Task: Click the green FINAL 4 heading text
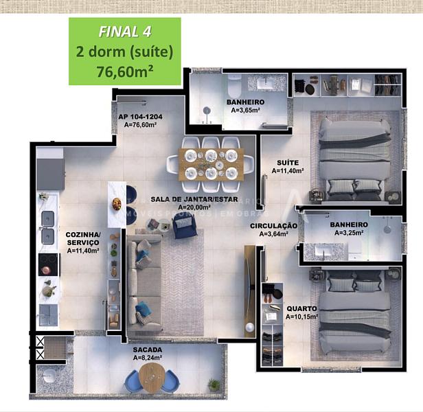[125, 31]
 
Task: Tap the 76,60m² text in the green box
[125, 70]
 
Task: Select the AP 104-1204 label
[146, 117]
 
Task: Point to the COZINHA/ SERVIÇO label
[83, 239]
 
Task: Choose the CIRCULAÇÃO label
[273, 226]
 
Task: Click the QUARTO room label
[301, 308]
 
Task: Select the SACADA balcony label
[148, 350]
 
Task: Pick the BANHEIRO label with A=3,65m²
[245, 103]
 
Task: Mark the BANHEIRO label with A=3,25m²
[349, 225]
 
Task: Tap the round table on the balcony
[152, 376]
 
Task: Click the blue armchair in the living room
[184, 225]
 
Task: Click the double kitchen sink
[48, 227]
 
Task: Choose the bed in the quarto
[354, 312]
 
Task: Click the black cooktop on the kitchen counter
[48, 264]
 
